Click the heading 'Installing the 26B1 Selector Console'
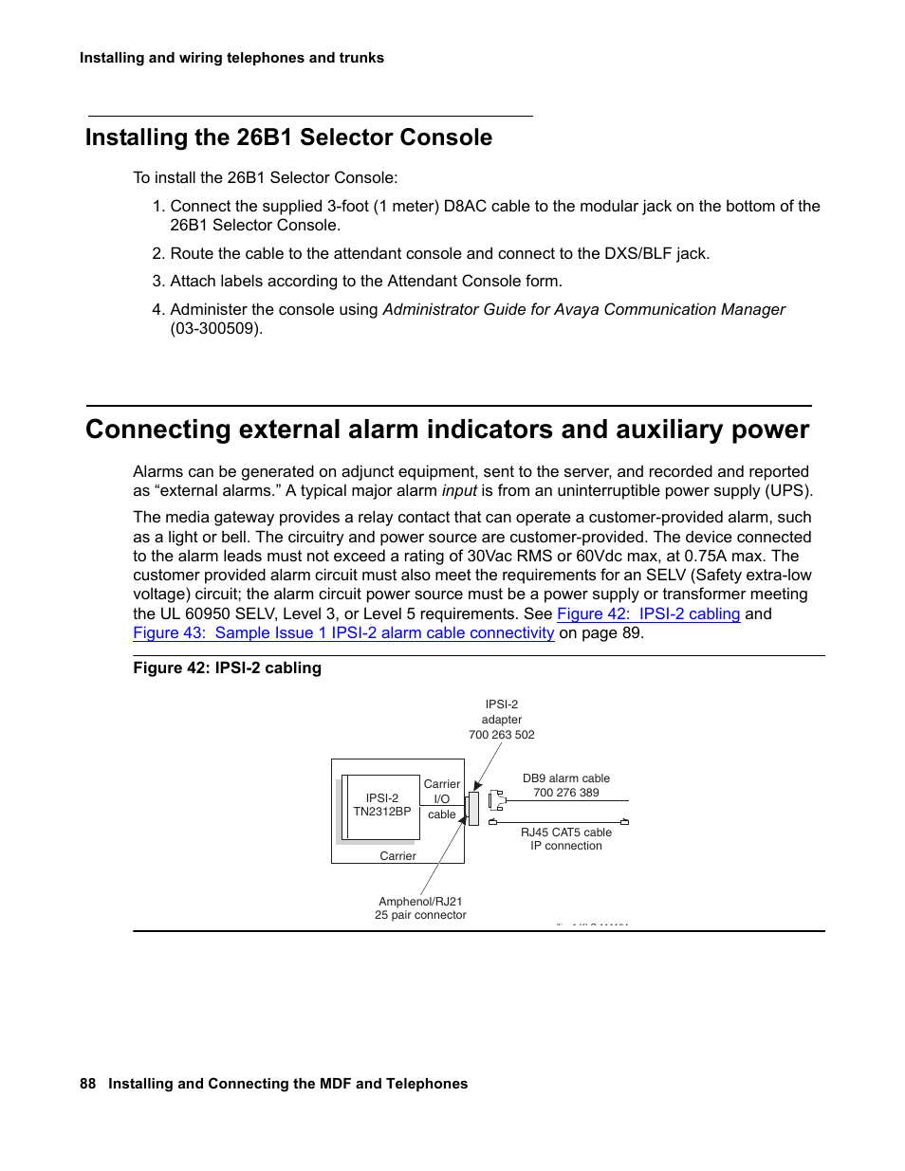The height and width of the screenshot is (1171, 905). [288, 137]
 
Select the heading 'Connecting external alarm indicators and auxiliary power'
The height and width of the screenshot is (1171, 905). [447, 430]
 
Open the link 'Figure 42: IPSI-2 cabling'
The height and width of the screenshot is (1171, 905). [648, 613]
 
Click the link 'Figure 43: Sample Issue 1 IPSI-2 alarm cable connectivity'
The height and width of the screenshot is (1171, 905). [343, 632]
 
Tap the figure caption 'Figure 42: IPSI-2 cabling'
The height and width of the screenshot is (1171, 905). [227, 668]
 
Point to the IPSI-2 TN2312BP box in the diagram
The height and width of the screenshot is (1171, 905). [381, 805]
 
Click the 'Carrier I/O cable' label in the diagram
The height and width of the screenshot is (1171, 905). [441, 798]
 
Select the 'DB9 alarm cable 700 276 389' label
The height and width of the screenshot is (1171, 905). [565, 785]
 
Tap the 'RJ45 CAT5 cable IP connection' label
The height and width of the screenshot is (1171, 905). [565, 838]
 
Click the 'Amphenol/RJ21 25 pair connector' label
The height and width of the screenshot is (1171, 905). [420, 907]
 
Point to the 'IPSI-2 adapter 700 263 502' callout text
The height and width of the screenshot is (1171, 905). [501, 719]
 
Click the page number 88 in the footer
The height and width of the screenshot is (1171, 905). [87, 1083]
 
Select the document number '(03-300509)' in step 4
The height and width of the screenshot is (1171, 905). [216, 328]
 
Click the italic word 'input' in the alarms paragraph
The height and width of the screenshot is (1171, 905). [459, 490]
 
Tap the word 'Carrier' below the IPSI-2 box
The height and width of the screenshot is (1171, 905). [397, 855]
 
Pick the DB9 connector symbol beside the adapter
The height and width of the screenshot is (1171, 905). [496, 801]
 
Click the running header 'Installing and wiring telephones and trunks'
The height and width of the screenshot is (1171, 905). [231, 58]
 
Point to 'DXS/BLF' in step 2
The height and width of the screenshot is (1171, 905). [638, 253]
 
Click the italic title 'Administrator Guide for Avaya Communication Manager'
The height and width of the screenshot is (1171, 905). [583, 309]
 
